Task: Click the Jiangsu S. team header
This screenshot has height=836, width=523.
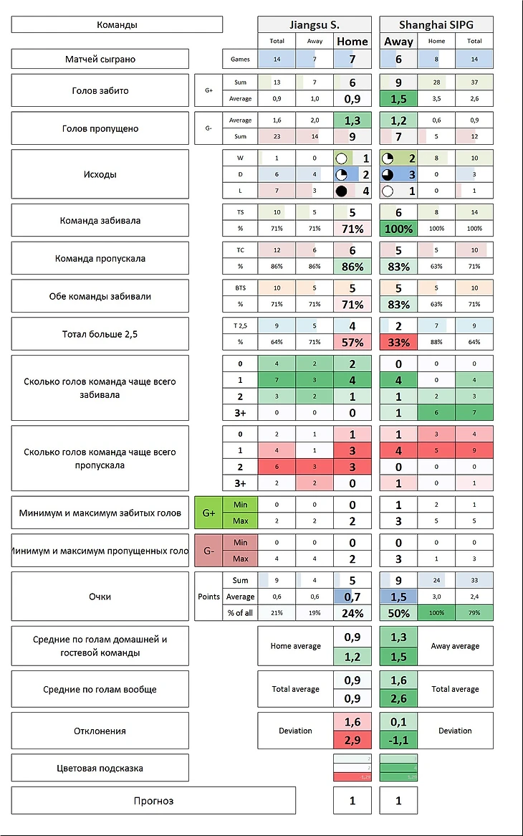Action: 315,24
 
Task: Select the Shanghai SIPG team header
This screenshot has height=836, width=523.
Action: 436,24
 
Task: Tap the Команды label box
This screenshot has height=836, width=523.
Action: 117,24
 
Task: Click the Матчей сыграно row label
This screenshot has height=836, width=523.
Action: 100,59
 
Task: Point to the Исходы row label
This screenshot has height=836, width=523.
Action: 100,174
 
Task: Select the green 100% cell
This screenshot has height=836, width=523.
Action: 398,229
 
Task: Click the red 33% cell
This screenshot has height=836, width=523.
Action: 398,342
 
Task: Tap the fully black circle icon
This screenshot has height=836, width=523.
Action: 342,191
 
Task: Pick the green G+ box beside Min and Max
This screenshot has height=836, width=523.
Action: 208,513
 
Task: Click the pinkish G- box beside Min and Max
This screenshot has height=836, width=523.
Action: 208,551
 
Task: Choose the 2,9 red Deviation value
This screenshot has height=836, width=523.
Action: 352,740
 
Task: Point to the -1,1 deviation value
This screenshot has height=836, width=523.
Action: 398,740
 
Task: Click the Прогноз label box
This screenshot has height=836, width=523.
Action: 153,800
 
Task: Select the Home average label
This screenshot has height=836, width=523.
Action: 295,646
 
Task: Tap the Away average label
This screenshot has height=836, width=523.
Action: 455,646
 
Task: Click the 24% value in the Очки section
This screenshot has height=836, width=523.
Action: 352,613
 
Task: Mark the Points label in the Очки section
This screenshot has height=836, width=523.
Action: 208,597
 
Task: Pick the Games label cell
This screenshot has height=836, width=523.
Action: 240,59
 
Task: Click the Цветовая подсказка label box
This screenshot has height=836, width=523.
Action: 100,768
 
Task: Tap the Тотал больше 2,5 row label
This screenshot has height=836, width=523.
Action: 100,333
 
